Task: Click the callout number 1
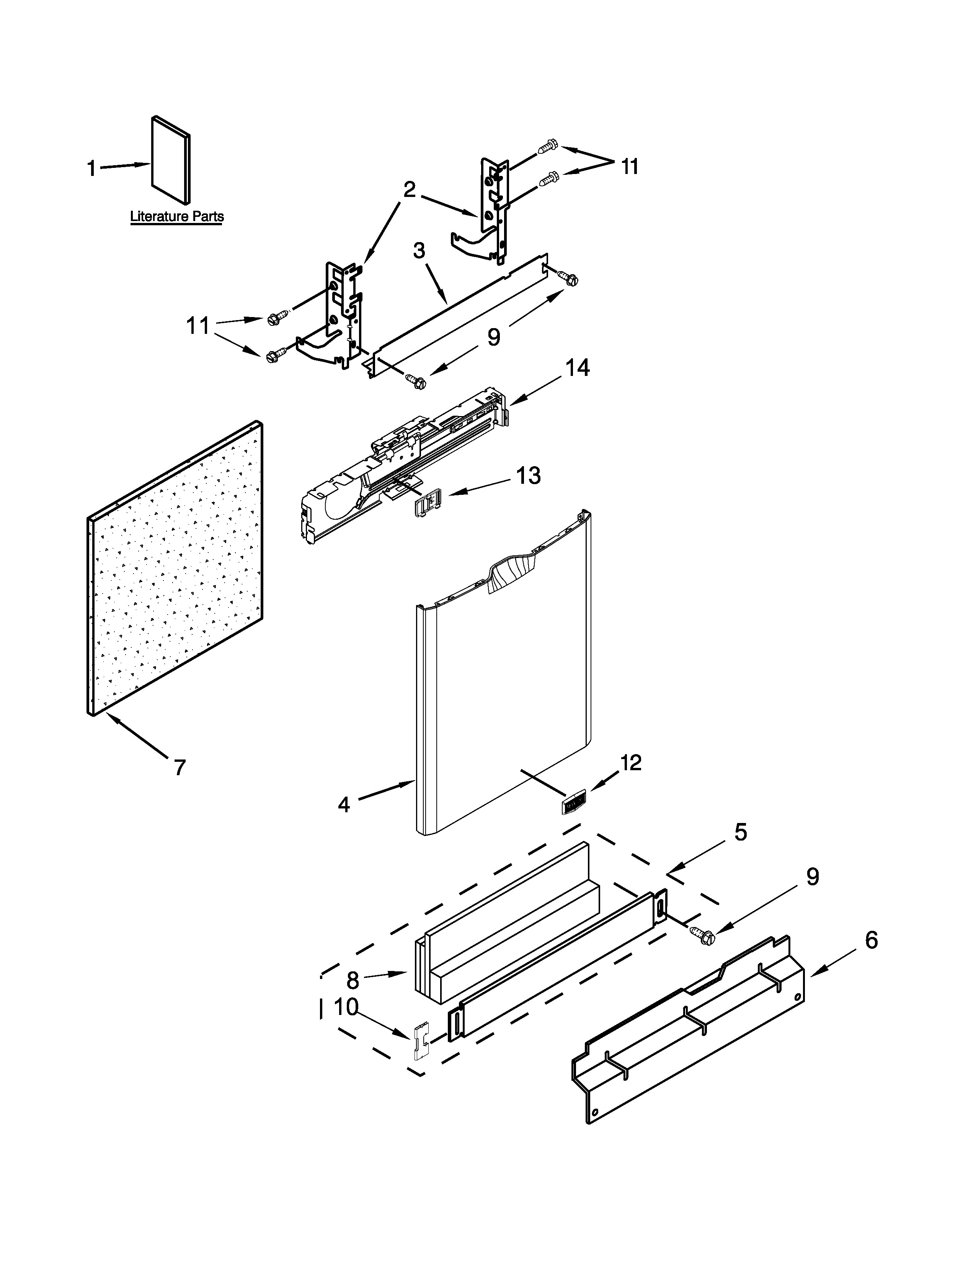pos(91,169)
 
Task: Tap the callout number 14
pos(577,368)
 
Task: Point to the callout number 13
pos(528,476)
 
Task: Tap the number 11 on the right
pos(630,166)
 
